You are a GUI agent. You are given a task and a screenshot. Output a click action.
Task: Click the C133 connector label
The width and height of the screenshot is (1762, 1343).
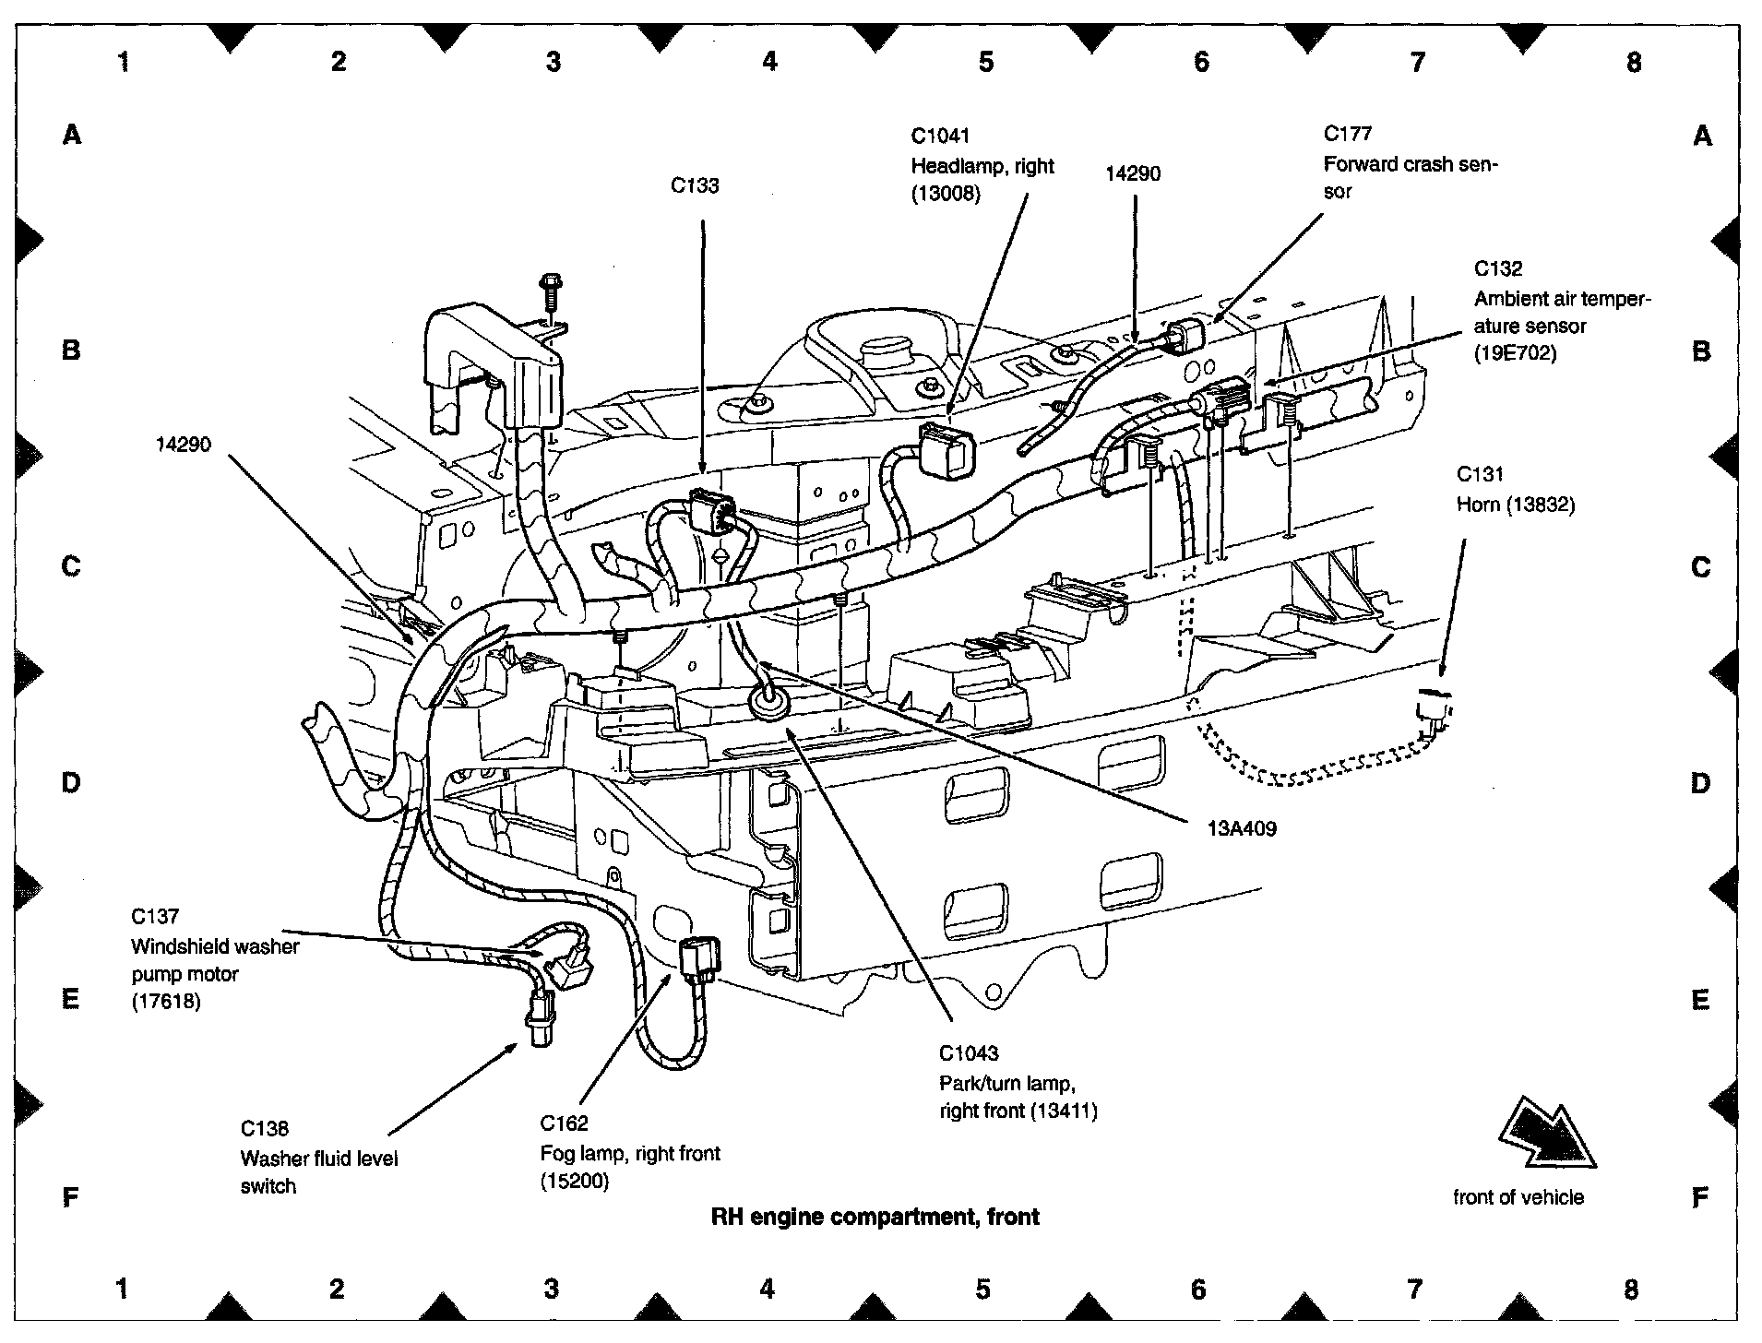[694, 185]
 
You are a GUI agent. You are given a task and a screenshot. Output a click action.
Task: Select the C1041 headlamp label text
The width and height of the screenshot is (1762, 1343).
[940, 137]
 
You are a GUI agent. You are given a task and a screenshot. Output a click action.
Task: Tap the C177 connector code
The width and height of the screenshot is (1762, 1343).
[1347, 134]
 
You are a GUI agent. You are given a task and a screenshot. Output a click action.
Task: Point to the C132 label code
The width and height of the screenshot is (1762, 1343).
[1497, 268]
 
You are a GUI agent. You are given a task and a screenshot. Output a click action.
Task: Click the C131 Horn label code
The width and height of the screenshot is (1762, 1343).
[1480, 474]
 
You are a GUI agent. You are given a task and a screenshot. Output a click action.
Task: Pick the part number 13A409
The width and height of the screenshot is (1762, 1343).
[1242, 828]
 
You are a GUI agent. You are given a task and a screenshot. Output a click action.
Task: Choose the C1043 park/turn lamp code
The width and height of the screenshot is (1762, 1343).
[969, 1052]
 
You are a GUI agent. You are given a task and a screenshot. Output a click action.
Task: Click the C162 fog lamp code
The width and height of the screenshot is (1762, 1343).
[564, 1123]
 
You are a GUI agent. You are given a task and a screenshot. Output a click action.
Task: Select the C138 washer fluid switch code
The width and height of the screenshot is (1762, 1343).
[265, 1128]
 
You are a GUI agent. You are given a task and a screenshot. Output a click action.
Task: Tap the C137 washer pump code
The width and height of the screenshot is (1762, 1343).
[154, 916]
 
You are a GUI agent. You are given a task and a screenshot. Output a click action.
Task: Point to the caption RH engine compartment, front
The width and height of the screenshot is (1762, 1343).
[875, 1217]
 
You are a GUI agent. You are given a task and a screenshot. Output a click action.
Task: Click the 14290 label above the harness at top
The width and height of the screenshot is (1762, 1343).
[1133, 173]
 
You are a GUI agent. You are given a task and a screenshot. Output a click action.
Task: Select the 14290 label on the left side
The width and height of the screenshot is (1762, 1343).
[183, 445]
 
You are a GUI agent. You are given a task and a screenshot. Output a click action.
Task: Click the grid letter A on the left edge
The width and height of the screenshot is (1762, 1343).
[72, 135]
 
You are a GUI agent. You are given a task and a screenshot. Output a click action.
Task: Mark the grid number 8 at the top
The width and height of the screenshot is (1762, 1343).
[1634, 62]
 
